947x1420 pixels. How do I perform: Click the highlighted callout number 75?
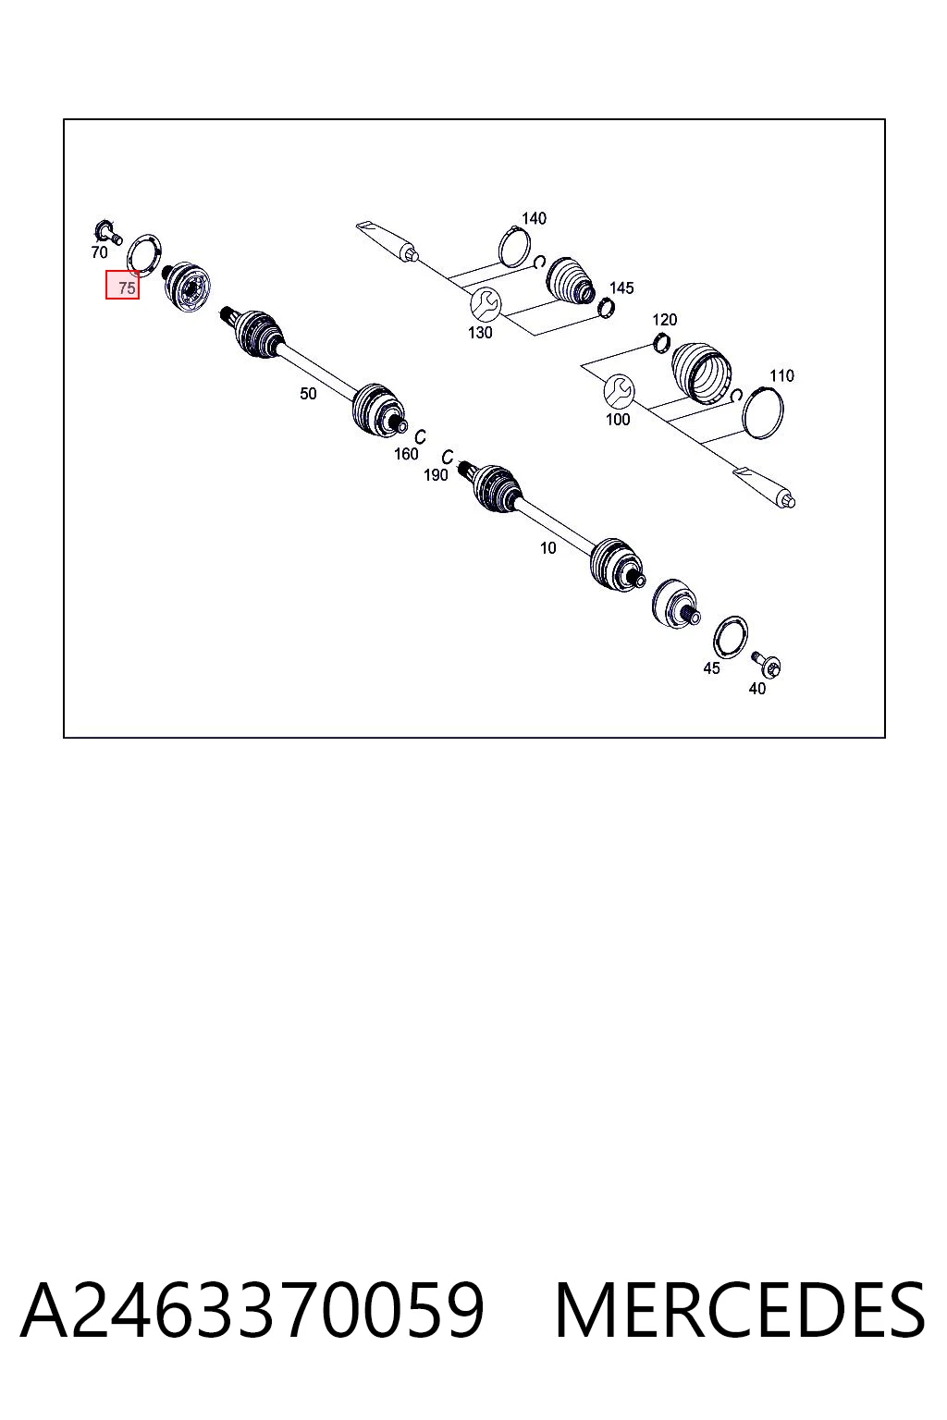point(127,288)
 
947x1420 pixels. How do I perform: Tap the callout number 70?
point(99,252)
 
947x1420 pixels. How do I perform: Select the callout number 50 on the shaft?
point(308,394)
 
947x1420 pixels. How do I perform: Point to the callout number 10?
point(548,547)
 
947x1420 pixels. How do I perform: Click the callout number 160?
point(406,454)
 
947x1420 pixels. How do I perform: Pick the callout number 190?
point(436,475)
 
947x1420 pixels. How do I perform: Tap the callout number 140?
point(534,219)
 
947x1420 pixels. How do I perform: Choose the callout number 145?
point(621,288)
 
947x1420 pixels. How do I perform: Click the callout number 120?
point(665,320)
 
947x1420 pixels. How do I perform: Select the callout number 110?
point(781,376)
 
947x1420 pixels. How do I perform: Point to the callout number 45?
point(712,668)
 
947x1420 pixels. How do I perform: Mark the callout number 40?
point(757,689)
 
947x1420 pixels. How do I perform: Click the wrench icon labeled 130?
point(486,304)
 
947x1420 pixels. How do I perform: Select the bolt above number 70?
point(107,231)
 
